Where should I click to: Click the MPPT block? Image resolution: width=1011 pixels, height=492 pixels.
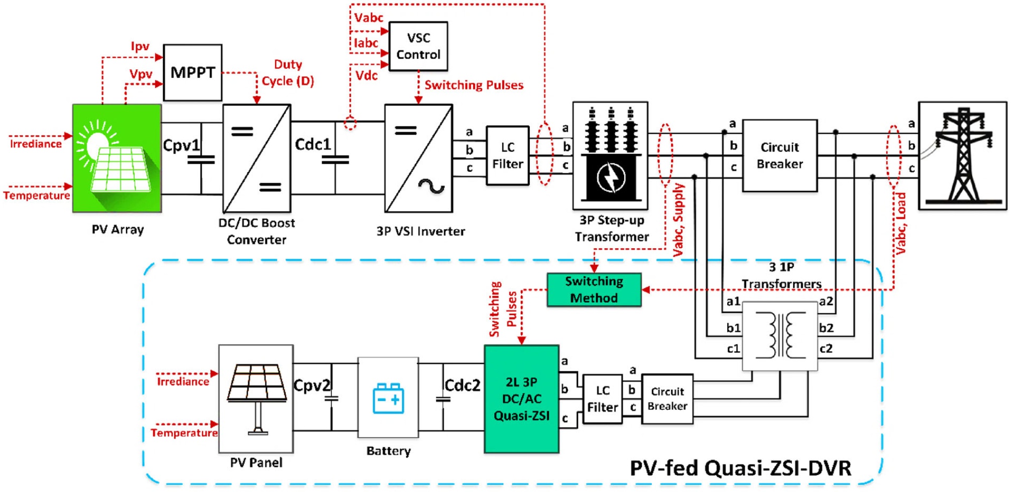click(x=192, y=72)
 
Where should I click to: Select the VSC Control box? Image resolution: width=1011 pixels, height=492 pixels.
click(x=418, y=46)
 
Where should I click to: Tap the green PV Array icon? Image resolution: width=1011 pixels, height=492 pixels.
click(x=117, y=158)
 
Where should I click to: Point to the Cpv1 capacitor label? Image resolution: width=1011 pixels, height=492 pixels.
click(x=181, y=145)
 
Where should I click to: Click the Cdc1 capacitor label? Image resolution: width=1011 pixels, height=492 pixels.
click(x=312, y=144)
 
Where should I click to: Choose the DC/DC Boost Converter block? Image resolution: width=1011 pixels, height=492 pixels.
click(x=257, y=158)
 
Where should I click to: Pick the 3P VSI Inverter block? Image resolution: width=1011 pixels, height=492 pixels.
click(x=418, y=158)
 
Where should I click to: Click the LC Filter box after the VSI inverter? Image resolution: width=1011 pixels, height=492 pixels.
click(x=507, y=156)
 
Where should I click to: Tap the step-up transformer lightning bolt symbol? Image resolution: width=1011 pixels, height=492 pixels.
click(x=611, y=178)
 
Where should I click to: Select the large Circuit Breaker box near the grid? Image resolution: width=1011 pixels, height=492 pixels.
click(x=779, y=156)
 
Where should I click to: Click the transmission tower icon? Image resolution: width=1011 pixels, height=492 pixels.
click(x=962, y=156)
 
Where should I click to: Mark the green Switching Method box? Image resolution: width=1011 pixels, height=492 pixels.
click(x=594, y=289)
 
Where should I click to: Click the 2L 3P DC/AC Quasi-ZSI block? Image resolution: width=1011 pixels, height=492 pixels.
click(x=521, y=399)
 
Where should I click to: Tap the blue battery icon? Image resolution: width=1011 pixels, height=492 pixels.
click(x=388, y=398)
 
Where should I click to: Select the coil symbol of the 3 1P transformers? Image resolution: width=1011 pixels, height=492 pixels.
click(x=780, y=335)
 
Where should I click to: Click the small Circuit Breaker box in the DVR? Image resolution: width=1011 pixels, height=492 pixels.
click(x=667, y=399)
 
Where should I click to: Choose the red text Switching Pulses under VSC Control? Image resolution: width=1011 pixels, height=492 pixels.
click(x=474, y=85)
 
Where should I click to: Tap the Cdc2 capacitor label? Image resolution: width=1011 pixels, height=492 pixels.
click(x=462, y=385)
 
